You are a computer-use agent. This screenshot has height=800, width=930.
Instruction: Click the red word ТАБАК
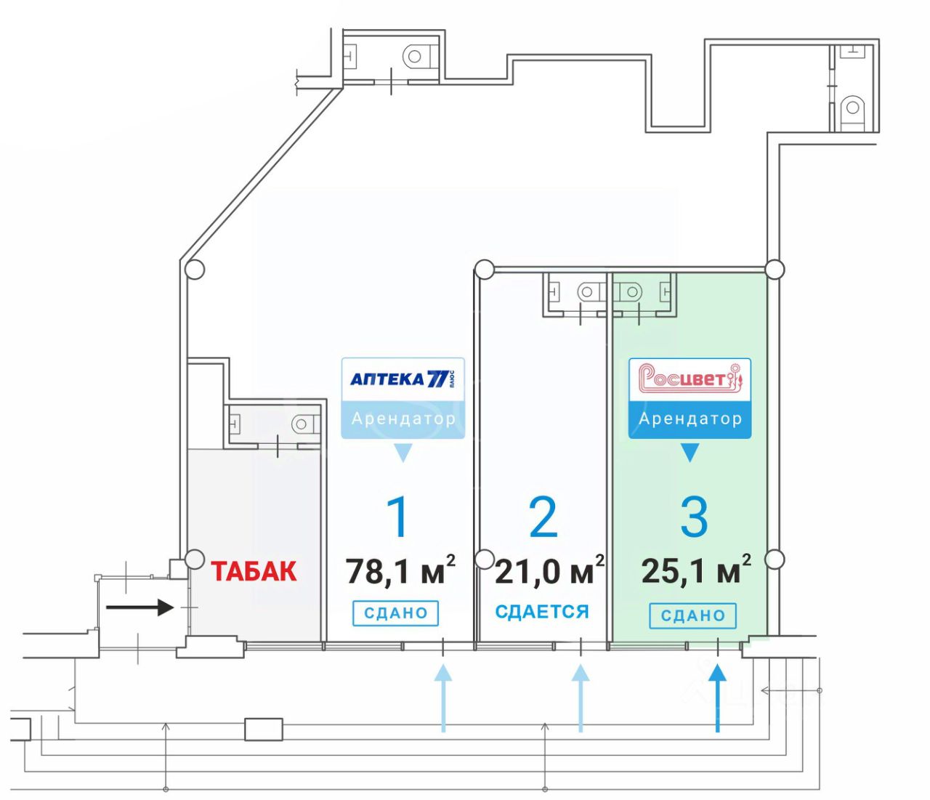coord(254,571)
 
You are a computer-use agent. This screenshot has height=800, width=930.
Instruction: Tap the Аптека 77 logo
coord(403,379)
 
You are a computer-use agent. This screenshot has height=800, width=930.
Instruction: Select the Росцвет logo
coord(690,379)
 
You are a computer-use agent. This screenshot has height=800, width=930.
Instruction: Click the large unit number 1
coord(398,517)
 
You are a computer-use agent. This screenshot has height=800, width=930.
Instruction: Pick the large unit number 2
coord(543,517)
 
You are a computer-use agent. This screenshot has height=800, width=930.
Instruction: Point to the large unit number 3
coord(694,517)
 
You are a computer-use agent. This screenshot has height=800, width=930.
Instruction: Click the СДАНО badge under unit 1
coord(396,613)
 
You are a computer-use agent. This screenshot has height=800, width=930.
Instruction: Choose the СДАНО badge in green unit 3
coord(692,615)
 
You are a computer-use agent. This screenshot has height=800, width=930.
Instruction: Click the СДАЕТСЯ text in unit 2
coord(541,612)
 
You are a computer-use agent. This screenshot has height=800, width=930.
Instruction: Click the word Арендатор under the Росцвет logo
coord(690,419)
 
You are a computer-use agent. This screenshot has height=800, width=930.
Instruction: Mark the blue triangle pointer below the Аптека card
coord(403,453)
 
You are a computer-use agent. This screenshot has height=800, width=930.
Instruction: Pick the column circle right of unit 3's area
coord(775,559)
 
